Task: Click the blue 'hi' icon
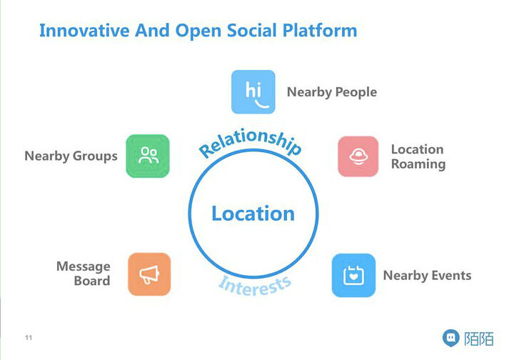pos(253,92)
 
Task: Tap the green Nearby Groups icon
pos(148,156)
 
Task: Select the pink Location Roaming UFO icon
pos(358,156)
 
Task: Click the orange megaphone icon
pos(149,274)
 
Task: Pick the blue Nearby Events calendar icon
pos(353,275)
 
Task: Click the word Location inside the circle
pos(253,213)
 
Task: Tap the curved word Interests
pos(255,284)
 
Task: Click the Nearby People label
pos(331,92)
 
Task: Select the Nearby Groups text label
pos(71,156)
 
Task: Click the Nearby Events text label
pos(427,275)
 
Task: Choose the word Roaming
pos(418,164)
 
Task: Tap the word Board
pos(92,281)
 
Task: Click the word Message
pos(84,266)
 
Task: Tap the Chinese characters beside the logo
pos(478,338)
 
